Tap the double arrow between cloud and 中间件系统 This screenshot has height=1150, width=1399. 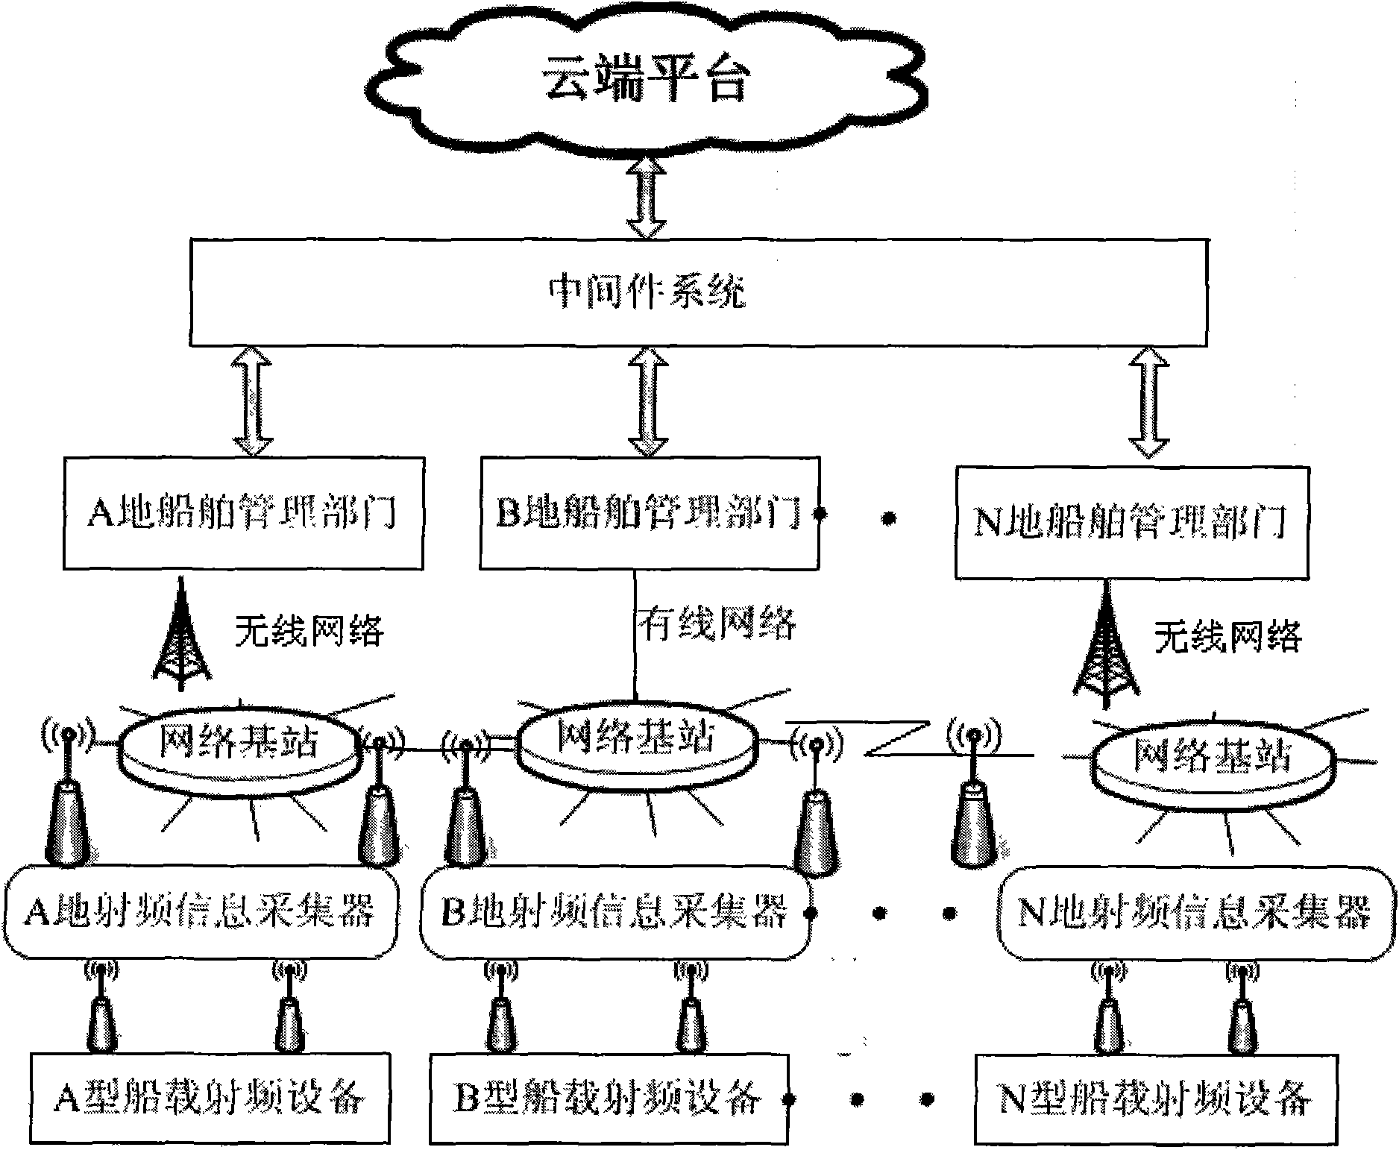click(x=646, y=197)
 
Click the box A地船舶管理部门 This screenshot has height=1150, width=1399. click(x=243, y=514)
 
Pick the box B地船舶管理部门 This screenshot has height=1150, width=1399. click(x=649, y=514)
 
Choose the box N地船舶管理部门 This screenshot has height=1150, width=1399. click(x=1131, y=522)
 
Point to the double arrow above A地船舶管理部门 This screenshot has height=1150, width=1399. click(x=253, y=401)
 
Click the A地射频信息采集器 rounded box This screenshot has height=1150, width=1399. click(x=200, y=911)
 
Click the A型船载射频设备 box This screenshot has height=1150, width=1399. click(x=210, y=1098)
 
